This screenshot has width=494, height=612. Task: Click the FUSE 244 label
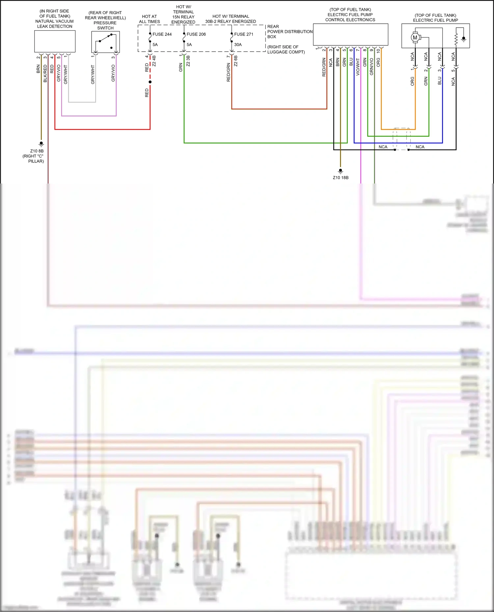point(162,34)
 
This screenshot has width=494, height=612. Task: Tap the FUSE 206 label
point(196,34)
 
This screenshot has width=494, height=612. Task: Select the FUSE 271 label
point(244,34)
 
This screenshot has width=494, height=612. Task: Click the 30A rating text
point(238,45)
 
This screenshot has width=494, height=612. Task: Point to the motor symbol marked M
point(415,37)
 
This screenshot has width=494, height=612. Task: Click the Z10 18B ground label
point(341,178)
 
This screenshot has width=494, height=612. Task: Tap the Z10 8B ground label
point(37,151)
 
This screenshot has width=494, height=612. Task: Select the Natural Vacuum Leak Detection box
point(55,41)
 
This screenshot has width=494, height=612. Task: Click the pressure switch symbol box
point(105,42)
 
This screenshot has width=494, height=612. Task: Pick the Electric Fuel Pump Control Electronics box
point(350,35)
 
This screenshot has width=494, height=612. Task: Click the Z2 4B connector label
point(154,61)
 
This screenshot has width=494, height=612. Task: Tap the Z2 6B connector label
point(236,61)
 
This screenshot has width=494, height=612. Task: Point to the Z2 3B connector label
point(188,61)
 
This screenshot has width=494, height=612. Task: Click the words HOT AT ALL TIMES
point(150,19)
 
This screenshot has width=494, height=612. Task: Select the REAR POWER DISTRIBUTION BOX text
point(289,32)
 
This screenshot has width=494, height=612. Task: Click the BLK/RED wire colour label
point(45,73)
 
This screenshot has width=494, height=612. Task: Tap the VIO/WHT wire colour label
point(358,67)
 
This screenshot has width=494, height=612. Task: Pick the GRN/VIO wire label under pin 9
point(371,67)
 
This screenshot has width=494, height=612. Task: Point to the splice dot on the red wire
point(150,82)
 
